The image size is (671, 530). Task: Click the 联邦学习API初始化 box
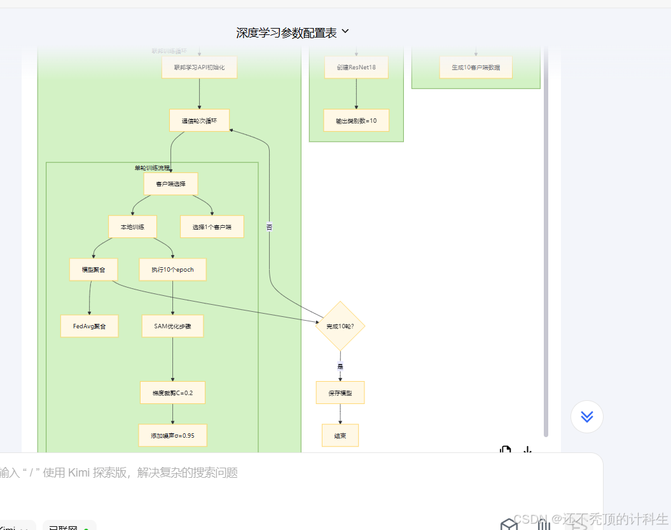tap(199, 67)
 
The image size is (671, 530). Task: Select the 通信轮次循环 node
tap(199, 120)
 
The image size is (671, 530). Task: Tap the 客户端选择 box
tap(170, 184)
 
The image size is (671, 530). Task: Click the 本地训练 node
tap(132, 227)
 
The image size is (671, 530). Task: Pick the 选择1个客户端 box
tap(212, 227)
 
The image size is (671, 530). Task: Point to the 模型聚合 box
tap(93, 269)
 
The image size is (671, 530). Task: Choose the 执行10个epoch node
tap(172, 269)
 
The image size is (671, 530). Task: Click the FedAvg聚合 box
tap(90, 326)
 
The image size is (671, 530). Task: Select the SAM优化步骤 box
tap(172, 326)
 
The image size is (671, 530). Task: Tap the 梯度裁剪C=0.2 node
tap(172, 393)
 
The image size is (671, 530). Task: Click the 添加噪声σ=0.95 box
tap(172, 436)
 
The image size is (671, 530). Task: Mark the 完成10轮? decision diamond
tap(340, 326)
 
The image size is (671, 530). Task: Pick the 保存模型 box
tap(340, 393)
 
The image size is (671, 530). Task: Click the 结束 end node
tap(340, 436)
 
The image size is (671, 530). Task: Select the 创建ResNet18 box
tap(356, 67)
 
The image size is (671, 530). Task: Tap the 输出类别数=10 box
tap(356, 120)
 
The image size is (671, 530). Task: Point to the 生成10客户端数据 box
tap(476, 67)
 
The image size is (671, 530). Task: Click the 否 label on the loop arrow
tap(269, 227)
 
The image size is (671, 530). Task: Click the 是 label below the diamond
tap(340, 366)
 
